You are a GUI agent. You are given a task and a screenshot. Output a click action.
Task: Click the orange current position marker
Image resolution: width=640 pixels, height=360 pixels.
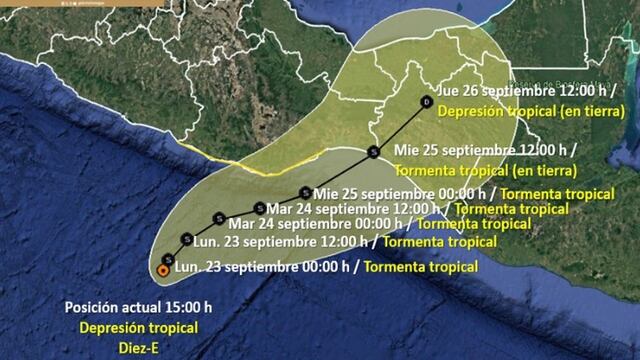(164, 269)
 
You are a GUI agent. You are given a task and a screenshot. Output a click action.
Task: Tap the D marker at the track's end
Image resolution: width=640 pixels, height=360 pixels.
(427, 103)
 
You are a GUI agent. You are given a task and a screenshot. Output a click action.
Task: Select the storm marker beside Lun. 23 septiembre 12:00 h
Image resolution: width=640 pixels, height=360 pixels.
(188, 239)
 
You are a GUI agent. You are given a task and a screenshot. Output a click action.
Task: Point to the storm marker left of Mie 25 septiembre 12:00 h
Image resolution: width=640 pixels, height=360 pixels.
(373, 152)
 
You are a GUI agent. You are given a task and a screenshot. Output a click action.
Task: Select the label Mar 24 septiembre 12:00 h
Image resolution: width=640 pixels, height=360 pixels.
(353, 208)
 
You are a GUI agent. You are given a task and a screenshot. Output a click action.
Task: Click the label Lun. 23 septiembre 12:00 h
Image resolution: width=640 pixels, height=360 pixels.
(284, 241)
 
